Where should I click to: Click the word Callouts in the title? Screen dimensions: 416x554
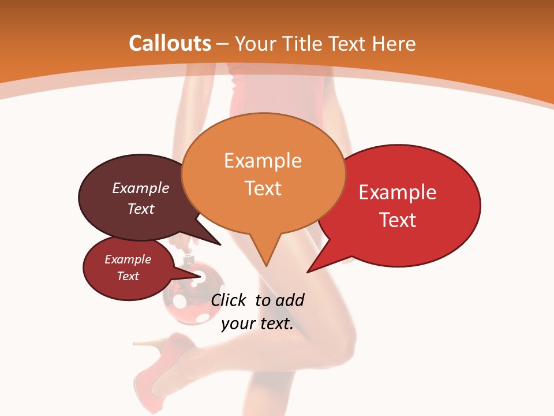(x=170, y=43)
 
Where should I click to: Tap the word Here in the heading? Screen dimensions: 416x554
(x=392, y=43)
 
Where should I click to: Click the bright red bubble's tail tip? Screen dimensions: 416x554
(x=308, y=271)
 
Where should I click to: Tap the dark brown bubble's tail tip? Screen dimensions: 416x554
(x=220, y=244)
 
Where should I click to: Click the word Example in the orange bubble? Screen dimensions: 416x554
(x=263, y=161)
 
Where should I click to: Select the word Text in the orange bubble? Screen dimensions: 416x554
(x=263, y=188)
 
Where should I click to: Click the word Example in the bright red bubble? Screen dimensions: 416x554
(x=398, y=192)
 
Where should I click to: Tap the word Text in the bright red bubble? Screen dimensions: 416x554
(x=398, y=220)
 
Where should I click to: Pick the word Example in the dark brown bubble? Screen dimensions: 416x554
(x=141, y=188)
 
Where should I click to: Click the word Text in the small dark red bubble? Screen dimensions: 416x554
(x=128, y=276)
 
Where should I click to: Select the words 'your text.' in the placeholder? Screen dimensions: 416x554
(x=257, y=324)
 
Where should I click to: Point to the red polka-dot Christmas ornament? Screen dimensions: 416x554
(x=193, y=292)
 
